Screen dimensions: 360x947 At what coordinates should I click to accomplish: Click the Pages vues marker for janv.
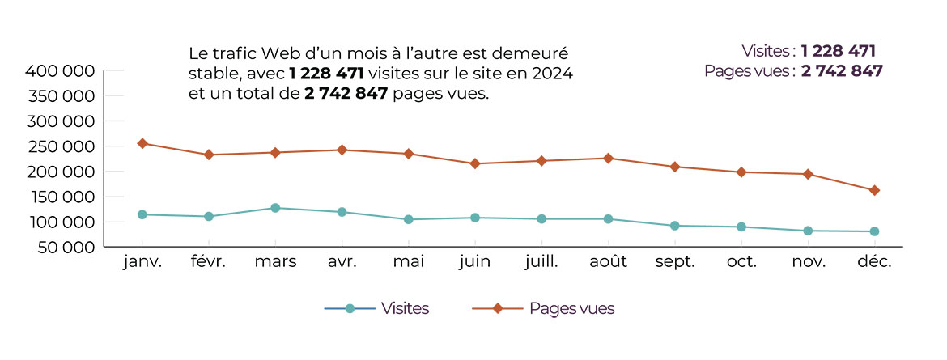142,143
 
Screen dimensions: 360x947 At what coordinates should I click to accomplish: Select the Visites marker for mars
275,208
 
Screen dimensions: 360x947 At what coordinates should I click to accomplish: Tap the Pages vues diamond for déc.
874,190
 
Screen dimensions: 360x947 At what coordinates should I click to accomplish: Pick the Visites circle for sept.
674,226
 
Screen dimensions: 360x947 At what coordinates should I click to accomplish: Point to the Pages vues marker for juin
474,163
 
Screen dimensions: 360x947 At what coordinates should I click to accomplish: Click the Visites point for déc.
874,231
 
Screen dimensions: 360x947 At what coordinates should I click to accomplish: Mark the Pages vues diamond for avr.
342,150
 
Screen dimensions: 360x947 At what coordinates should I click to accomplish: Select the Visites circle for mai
408,219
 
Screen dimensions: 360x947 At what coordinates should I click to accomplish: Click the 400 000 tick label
62,71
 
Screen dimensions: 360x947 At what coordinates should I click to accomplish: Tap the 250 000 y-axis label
62,146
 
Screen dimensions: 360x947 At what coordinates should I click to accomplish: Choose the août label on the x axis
608,262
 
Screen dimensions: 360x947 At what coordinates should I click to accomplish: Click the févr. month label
208,262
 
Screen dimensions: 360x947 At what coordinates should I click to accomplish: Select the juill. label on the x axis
541,262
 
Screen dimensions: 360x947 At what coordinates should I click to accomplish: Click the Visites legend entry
377,308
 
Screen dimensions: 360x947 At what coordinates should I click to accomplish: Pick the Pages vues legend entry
554,308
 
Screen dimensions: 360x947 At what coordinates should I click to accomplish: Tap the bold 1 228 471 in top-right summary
839,51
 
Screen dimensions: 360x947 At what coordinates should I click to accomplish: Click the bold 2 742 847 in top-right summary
842,70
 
